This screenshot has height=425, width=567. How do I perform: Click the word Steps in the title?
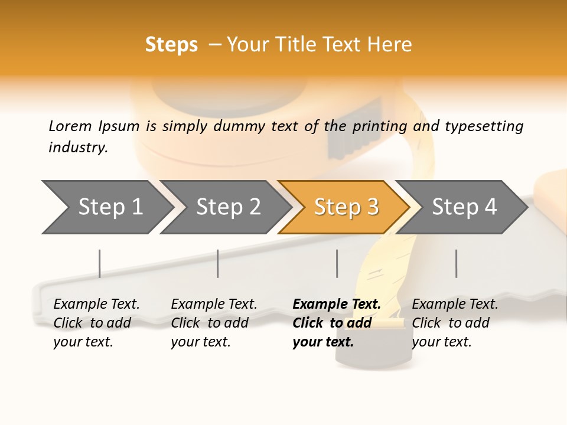(x=171, y=45)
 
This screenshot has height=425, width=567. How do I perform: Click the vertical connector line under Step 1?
(x=100, y=263)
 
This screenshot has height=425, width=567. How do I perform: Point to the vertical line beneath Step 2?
(x=218, y=263)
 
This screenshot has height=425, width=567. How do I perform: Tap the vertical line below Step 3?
(x=337, y=263)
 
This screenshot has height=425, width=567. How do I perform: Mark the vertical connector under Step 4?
(x=457, y=263)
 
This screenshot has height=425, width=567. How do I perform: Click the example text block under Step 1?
(x=96, y=323)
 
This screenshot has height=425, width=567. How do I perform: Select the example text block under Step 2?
(x=214, y=323)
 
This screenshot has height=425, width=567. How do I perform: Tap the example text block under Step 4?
(x=455, y=323)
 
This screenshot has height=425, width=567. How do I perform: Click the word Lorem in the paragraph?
(x=70, y=126)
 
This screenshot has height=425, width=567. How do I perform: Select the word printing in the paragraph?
(x=380, y=126)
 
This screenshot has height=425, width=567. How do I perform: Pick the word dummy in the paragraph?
(x=239, y=126)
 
